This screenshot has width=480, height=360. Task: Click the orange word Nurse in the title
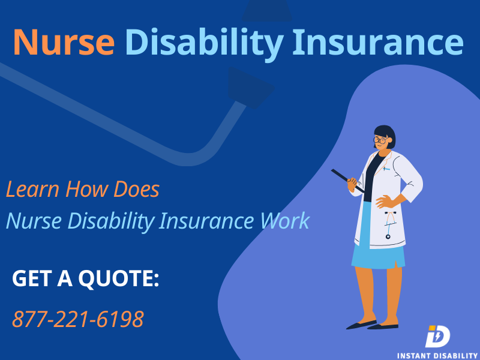point(64,42)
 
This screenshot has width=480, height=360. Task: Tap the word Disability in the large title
point(204,44)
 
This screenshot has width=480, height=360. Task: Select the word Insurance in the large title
point(378,41)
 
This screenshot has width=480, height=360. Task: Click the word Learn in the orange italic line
point(32,189)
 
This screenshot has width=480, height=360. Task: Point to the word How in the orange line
point(86,189)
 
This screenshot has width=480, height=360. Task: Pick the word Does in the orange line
point(137,189)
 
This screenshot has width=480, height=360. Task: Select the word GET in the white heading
point(32,278)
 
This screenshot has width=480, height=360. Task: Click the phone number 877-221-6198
point(78,319)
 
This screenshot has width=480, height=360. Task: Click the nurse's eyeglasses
point(380,140)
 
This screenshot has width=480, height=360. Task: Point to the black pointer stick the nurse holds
point(347,181)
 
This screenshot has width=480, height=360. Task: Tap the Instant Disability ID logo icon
point(438,336)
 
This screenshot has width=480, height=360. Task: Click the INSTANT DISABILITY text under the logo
point(438,356)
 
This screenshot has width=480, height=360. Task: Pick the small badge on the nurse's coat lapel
point(386,169)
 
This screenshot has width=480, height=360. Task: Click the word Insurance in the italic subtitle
point(206,221)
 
